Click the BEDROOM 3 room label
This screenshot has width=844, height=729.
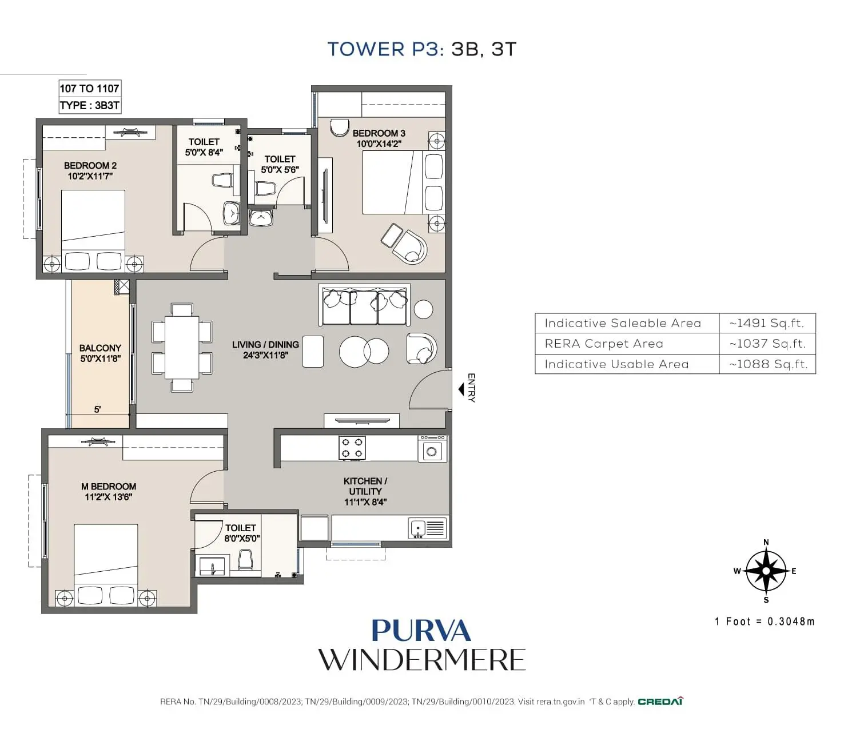coord(379,133)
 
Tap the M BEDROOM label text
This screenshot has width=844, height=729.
coord(109,487)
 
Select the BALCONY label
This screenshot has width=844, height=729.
coord(100,348)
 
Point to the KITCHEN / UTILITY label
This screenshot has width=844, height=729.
coord(365,486)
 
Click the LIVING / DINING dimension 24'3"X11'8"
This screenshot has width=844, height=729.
coord(265,355)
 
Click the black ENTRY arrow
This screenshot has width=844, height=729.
coord(461,389)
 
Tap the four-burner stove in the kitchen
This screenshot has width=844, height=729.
coord(352,448)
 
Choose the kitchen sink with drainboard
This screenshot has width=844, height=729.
coord(427,528)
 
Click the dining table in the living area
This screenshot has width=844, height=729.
coord(182,347)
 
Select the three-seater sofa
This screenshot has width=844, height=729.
coord(364,305)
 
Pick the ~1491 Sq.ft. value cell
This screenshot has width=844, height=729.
coord(766,323)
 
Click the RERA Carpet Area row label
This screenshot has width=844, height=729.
coord(604,344)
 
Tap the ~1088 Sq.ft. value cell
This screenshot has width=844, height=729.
coord(768,364)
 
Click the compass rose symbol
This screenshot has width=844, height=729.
coord(766,571)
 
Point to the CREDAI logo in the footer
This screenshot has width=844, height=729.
coord(660,702)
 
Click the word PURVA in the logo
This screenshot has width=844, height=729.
coord(421,631)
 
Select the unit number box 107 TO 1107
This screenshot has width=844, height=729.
coord(90,89)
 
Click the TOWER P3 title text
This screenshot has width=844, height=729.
coord(385,49)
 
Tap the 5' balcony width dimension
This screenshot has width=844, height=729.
coord(98,409)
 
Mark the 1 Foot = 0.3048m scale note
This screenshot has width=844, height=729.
coord(765,622)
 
